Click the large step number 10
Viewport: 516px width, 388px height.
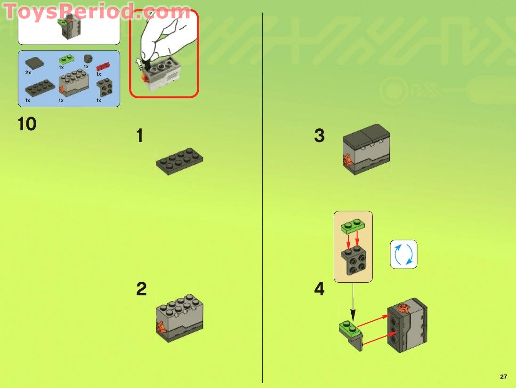[27, 124]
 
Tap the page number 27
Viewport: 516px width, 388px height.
[503, 377]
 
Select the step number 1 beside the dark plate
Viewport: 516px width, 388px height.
[139, 136]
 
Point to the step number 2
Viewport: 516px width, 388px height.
[141, 289]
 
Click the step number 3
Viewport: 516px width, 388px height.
[319, 136]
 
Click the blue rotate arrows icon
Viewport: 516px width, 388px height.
[403, 254]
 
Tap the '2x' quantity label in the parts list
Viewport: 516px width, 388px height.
[28, 73]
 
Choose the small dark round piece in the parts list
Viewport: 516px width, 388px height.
[87, 58]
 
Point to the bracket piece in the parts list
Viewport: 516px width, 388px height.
[104, 88]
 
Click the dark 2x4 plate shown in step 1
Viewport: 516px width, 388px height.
[179, 161]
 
